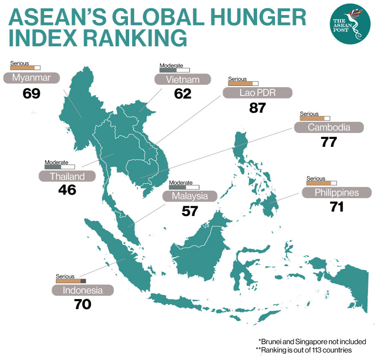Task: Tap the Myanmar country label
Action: [x=32, y=78]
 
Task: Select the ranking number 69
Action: [x=32, y=93]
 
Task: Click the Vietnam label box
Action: [x=182, y=79]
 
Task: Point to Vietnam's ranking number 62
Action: [x=182, y=94]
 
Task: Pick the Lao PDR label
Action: [x=257, y=93]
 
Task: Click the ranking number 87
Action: [x=257, y=108]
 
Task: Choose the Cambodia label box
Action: [x=329, y=127]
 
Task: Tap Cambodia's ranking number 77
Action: [x=329, y=142]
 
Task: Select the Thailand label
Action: [x=67, y=176]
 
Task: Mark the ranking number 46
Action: [x=67, y=190]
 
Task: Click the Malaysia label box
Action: [x=190, y=196]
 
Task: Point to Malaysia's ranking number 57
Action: [x=190, y=211]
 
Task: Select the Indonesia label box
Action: [x=82, y=290]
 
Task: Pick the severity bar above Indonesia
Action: [x=70, y=281]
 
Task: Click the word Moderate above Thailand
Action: [x=56, y=162]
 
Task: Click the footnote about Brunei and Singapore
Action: [x=312, y=342]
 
